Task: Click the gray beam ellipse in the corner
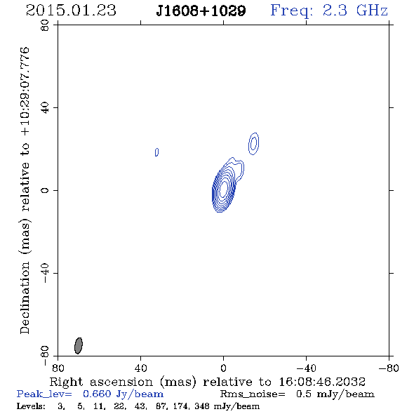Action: [79, 346]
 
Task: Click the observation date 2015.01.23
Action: [71, 11]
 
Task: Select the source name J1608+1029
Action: [201, 11]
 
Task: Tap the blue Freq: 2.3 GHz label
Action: [329, 11]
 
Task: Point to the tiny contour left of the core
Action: [157, 152]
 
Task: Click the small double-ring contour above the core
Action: [254, 143]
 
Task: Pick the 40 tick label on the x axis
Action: [140, 368]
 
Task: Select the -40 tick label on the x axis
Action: [306, 368]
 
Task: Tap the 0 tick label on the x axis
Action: [223, 368]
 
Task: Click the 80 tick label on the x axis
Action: [58, 368]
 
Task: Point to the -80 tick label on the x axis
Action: [389, 368]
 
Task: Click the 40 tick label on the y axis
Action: [45, 108]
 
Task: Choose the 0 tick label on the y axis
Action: [45, 190]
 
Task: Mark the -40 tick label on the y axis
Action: [45, 273]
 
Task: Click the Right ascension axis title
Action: [208, 382]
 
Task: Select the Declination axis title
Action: [25, 190]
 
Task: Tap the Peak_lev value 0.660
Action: [97, 394]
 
